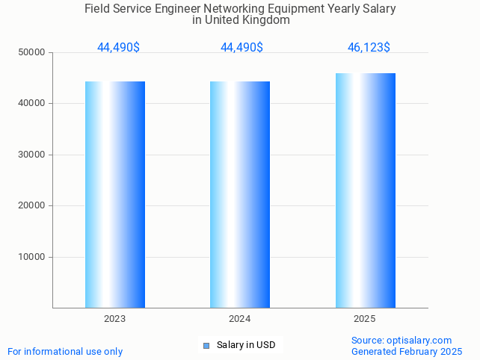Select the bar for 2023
[x=115, y=194]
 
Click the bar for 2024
[x=240, y=194]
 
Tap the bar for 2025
[x=365, y=190]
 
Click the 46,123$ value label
[x=369, y=48]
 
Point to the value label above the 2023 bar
[x=118, y=48]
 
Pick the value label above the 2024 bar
[x=241, y=48]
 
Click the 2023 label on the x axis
[x=115, y=319]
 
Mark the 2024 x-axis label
[x=240, y=319]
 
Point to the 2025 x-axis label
[x=365, y=319]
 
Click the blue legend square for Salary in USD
[x=206, y=345]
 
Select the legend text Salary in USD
[x=246, y=345]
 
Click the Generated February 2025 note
[x=407, y=352]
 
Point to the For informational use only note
[x=65, y=352]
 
